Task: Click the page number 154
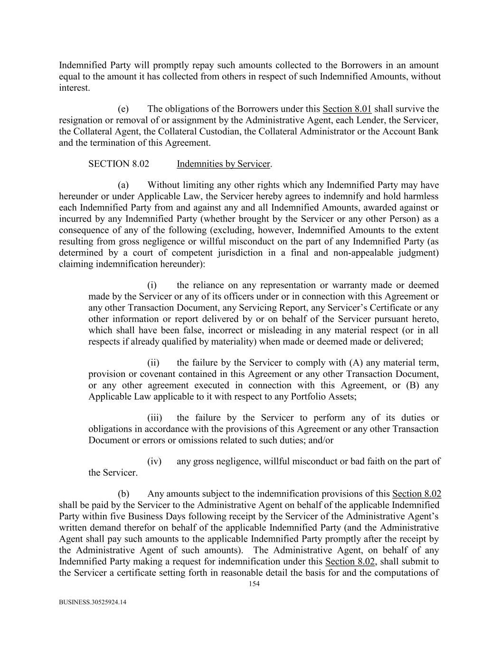254,584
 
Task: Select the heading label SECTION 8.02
119,164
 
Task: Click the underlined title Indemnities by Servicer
223,164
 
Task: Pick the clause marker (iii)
154,418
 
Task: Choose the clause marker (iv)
154,461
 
